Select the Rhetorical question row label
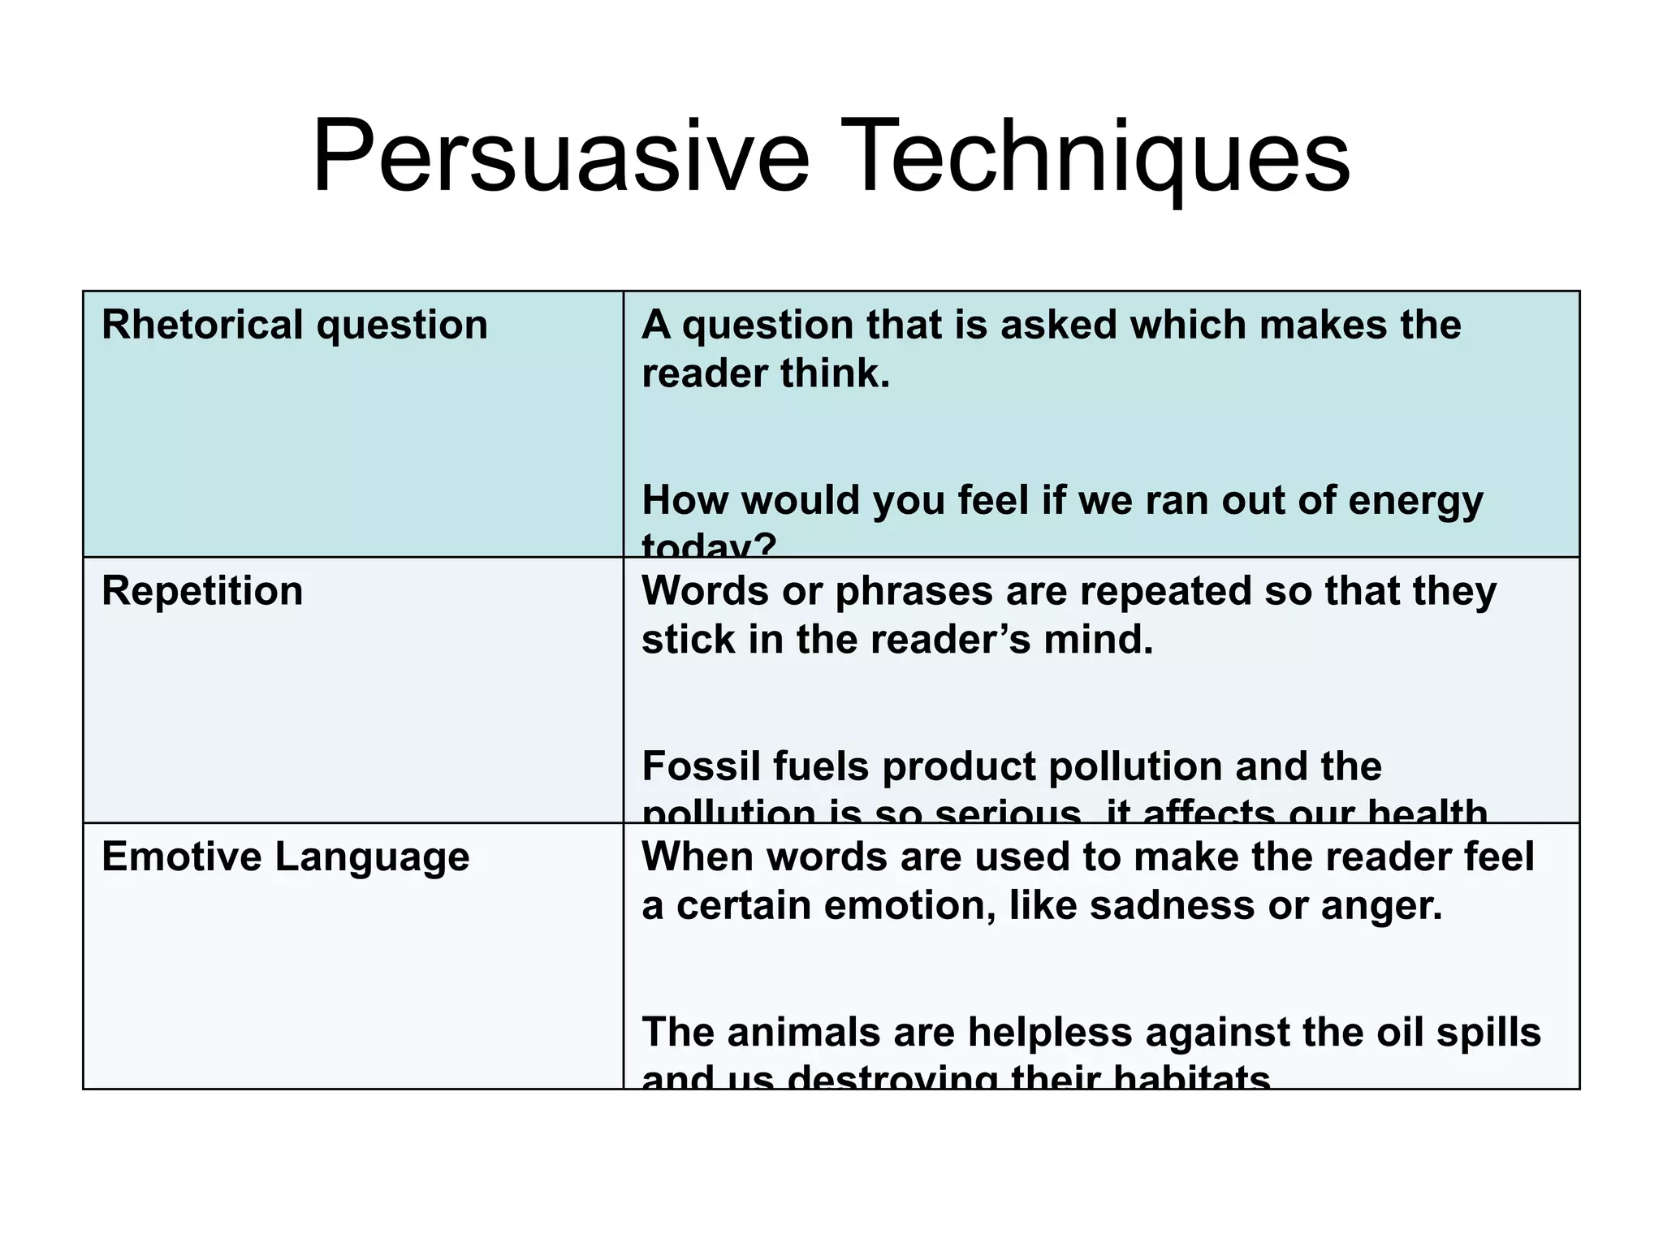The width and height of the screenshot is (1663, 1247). coord(294,326)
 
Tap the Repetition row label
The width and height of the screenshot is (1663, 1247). coord(202,591)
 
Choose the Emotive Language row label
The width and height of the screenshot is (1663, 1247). coord(285,857)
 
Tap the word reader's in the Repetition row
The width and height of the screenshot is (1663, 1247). coord(951,641)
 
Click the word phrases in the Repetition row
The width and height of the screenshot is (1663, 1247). coord(914,591)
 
